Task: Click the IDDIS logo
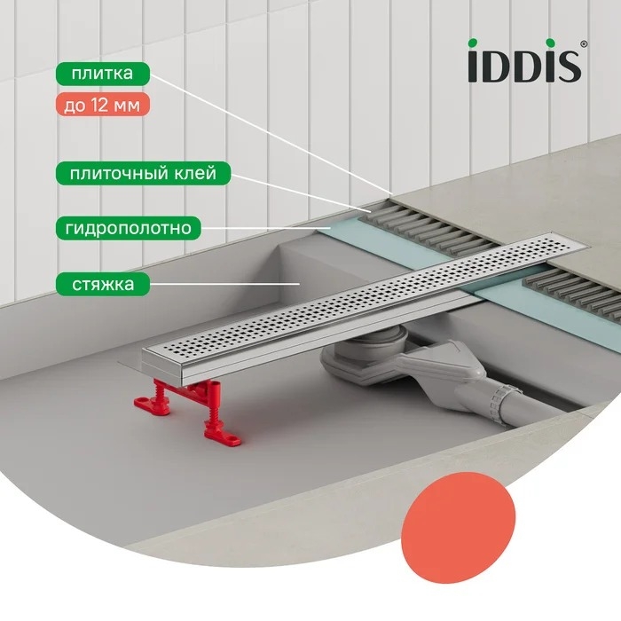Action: click(x=527, y=60)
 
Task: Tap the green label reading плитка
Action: click(x=103, y=74)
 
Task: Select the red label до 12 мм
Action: click(x=103, y=105)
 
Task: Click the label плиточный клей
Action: click(x=143, y=174)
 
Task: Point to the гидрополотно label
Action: click(x=129, y=228)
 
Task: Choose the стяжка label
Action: click(x=103, y=284)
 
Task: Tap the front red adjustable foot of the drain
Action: click(x=222, y=420)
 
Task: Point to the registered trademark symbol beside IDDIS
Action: click(x=584, y=44)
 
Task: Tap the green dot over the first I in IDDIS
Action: click(x=473, y=43)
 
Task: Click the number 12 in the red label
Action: click(x=99, y=105)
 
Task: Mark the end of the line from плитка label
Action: click(x=392, y=193)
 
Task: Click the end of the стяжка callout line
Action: click(x=299, y=284)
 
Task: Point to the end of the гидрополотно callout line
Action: click(x=330, y=228)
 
